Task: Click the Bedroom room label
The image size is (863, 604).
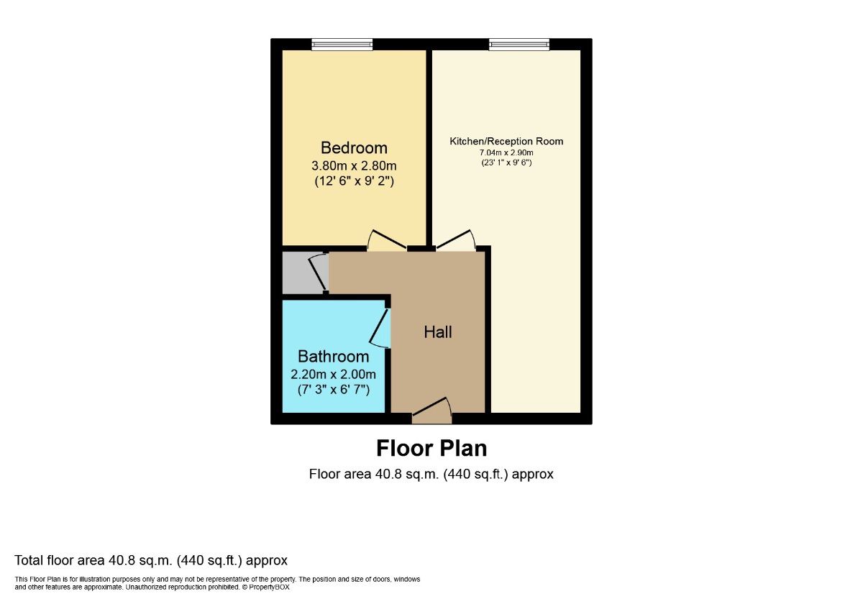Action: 354,148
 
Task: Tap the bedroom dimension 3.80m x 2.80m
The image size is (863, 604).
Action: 354,166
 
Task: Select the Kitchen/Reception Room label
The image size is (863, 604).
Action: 506,141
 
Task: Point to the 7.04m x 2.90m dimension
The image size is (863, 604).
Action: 506,152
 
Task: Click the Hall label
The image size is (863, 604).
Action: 438,332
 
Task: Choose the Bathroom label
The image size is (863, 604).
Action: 333,357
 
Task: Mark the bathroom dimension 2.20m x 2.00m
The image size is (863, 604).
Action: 333,375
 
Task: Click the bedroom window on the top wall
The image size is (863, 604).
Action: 342,45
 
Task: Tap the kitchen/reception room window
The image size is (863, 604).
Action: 519,45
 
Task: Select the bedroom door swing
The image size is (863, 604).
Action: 386,242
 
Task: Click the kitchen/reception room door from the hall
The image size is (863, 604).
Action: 456,242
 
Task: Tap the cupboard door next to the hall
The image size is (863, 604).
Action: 318,273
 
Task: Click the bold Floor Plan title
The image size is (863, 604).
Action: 431,449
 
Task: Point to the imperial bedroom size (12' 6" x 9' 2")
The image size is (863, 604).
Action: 354,182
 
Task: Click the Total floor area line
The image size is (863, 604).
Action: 151,560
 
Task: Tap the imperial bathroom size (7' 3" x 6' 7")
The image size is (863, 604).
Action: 333,390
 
